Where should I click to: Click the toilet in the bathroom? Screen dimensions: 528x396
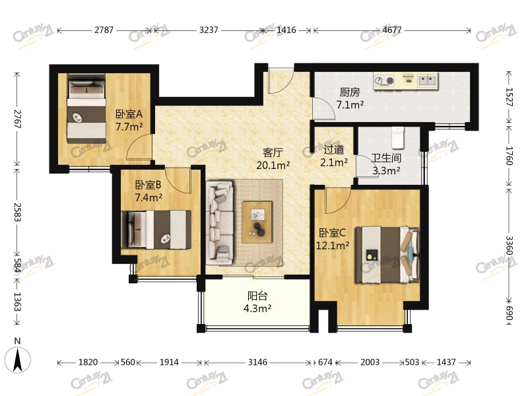398,137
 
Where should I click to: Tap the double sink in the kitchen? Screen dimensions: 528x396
427,80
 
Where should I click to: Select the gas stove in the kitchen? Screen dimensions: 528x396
385,81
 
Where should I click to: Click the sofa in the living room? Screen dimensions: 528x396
220,223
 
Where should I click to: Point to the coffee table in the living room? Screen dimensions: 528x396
257,222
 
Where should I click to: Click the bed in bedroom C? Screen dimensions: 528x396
388,255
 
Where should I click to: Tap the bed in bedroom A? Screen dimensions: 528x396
86,108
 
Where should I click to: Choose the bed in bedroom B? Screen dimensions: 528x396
156,230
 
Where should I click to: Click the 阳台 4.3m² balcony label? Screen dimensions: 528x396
257,302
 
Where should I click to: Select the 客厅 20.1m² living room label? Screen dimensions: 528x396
273,159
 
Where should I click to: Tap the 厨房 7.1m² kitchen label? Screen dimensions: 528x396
350,98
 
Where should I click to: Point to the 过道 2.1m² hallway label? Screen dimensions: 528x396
334,156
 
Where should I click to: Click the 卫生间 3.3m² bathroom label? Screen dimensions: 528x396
386,164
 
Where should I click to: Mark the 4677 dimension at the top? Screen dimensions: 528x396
392,30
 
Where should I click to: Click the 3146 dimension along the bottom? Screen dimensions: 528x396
257,362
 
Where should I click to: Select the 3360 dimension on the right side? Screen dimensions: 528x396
509,246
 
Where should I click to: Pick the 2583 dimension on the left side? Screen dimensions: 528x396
17,212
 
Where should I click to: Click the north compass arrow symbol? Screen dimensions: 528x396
18,359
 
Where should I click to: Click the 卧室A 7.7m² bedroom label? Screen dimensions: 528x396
129,120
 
